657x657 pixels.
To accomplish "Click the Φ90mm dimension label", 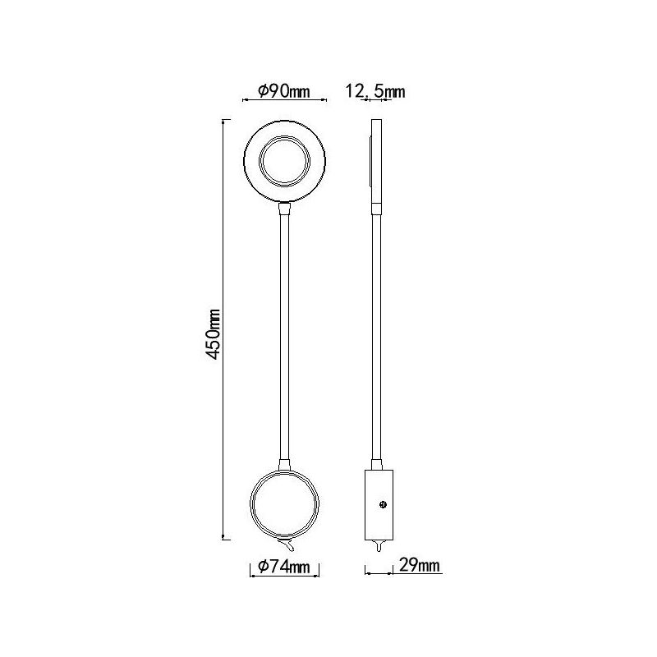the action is pyautogui.click(x=283, y=91).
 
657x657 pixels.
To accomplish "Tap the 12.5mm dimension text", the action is pyautogui.click(x=375, y=91).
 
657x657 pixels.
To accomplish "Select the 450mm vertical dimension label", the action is pyautogui.click(x=214, y=334).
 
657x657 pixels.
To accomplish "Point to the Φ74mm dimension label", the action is pyautogui.click(x=284, y=567).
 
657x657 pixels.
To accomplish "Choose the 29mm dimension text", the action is pyautogui.click(x=420, y=565).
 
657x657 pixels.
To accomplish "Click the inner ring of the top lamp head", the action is pyautogui.click(x=284, y=137).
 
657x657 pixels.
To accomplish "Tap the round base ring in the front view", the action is pyautogui.click(x=284, y=471).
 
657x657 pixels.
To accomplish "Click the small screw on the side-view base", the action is pyautogui.click(x=383, y=504).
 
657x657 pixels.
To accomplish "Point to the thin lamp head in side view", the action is pyautogui.click(x=377, y=161).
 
